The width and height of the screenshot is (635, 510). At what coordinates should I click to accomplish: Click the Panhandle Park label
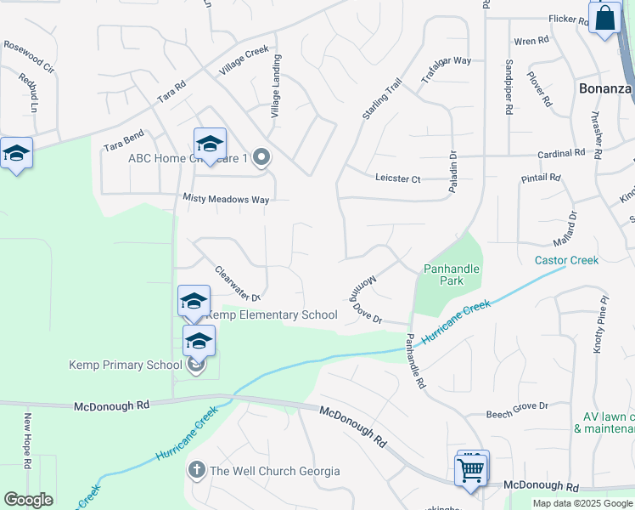tap(452, 275)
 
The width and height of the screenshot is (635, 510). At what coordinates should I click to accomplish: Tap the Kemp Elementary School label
tap(273, 315)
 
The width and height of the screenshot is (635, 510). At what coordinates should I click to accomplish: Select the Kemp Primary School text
tap(125, 365)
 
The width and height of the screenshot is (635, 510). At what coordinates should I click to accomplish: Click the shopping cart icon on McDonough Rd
tap(471, 468)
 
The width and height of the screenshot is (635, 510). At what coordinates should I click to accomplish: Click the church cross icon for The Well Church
tap(196, 470)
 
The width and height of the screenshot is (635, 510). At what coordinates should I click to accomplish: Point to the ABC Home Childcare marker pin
tap(261, 157)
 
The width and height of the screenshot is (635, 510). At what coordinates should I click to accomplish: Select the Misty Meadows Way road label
tap(226, 199)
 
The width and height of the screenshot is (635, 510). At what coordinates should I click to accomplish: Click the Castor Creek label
tap(566, 260)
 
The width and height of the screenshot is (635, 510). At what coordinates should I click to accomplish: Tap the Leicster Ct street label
tap(398, 178)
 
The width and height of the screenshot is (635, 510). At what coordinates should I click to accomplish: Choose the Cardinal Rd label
tap(562, 154)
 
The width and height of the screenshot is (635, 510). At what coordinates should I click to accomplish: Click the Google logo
tap(28, 500)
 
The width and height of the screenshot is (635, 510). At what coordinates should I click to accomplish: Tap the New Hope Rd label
tap(27, 441)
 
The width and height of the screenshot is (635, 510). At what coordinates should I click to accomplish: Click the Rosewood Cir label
tap(29, 55)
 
